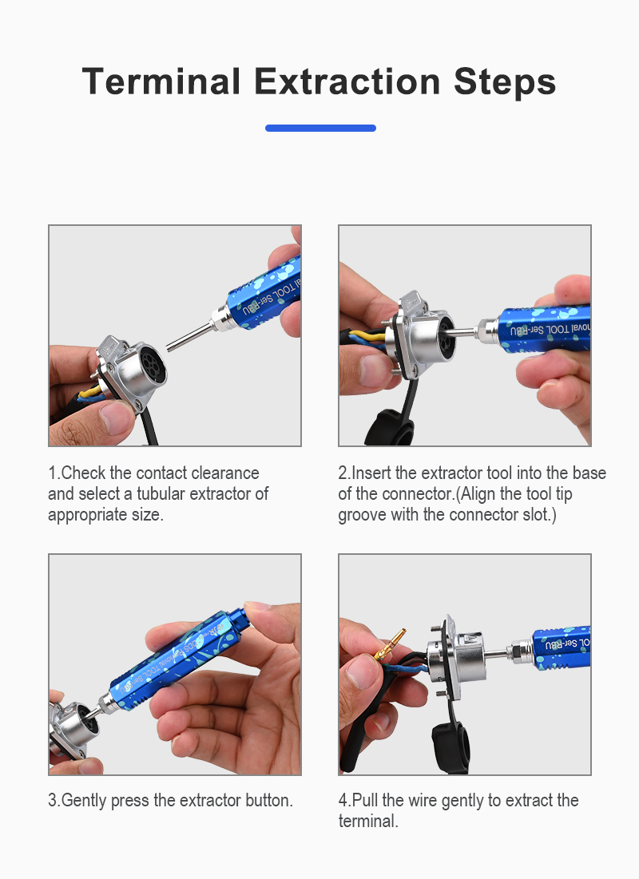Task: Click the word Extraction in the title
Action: coord(347,82)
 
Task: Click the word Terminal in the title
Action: coord(161,82)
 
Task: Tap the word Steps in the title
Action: coord(505,83)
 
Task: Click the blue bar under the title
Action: coord(320,128)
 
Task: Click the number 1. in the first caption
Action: coord(54,473)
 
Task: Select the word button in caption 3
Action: coord(269,800)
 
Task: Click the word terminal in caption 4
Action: coord(368,822)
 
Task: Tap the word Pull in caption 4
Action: coord(366,800)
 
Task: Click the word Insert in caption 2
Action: coord(371,473)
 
